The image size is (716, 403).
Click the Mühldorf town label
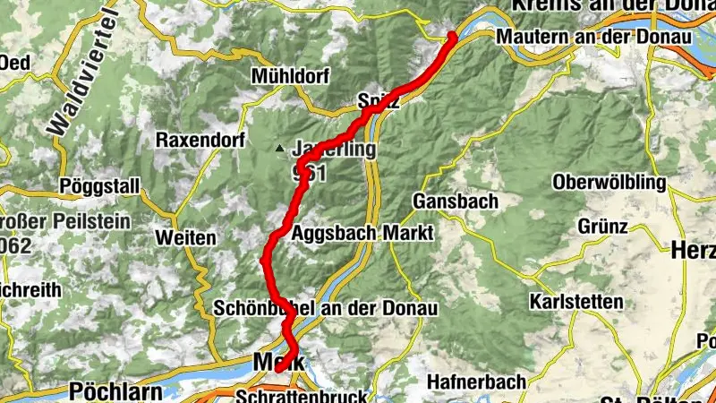point(290,74)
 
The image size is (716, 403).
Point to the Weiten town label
point(185,238)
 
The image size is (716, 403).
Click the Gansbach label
point(456,201)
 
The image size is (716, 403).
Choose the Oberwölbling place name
point(610,183)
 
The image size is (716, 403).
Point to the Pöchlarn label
point(114,392)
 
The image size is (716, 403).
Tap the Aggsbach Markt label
point(362,233)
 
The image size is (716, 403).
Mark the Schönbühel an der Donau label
point(326,309)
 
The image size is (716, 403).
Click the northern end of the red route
point(452,36)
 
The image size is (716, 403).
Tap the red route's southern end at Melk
point(278,368)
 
